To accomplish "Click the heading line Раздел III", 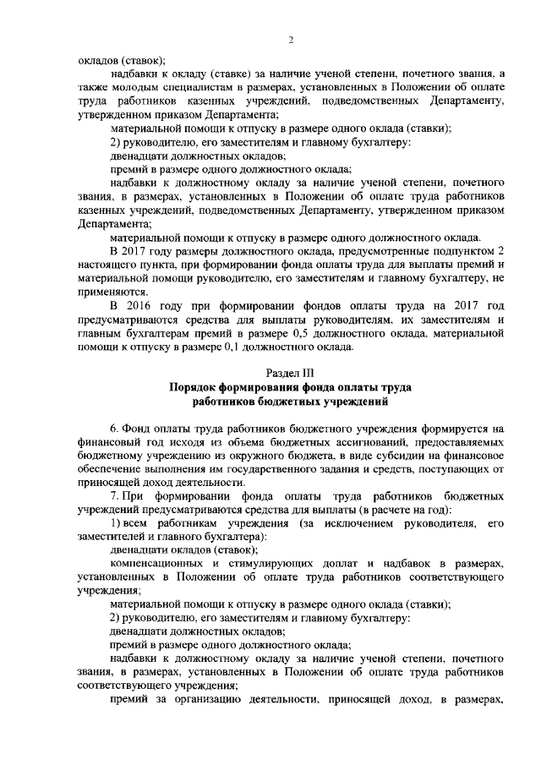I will tap(290, 372).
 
